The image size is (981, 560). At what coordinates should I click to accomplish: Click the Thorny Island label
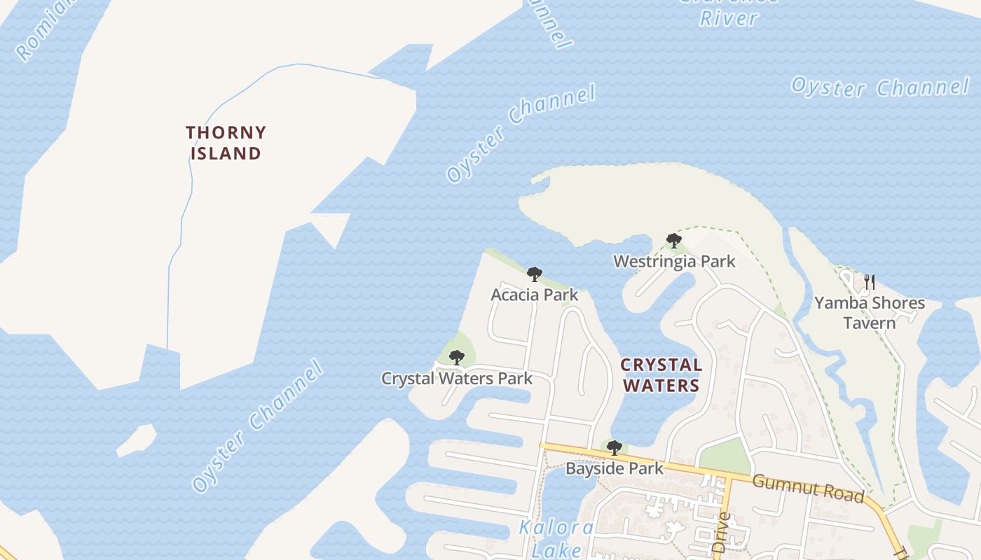226,143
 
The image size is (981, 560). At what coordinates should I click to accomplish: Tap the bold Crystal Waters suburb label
661,375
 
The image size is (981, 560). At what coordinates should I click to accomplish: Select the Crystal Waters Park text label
457,379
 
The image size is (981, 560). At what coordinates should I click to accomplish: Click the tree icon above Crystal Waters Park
457,358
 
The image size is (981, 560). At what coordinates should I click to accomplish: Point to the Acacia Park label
535,295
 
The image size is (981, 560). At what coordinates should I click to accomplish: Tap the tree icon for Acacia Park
535,274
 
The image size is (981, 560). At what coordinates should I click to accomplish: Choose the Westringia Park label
674,262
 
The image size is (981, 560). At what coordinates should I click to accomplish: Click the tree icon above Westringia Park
674,241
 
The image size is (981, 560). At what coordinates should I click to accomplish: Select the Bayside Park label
614,468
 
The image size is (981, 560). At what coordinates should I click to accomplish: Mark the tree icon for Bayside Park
615,447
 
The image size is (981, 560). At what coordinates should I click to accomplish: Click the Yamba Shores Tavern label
869,313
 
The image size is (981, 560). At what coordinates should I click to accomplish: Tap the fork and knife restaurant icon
870,282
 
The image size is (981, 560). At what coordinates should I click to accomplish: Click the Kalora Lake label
556,538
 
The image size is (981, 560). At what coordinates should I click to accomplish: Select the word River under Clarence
729,17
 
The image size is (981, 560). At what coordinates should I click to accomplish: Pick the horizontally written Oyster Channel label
880,87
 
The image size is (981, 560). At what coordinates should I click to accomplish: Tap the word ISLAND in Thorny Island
226,153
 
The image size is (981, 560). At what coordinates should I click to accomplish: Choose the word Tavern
869,323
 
